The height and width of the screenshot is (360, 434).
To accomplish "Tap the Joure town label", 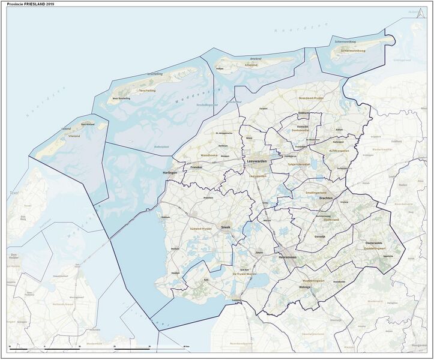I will [x=259, y=253].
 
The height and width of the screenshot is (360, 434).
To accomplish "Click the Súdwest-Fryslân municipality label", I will [x=197, y=229].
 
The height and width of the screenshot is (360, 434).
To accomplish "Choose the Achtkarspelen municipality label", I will [x=339, y=151].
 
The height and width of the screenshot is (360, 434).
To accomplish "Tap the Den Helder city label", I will [x=13, y=256].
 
